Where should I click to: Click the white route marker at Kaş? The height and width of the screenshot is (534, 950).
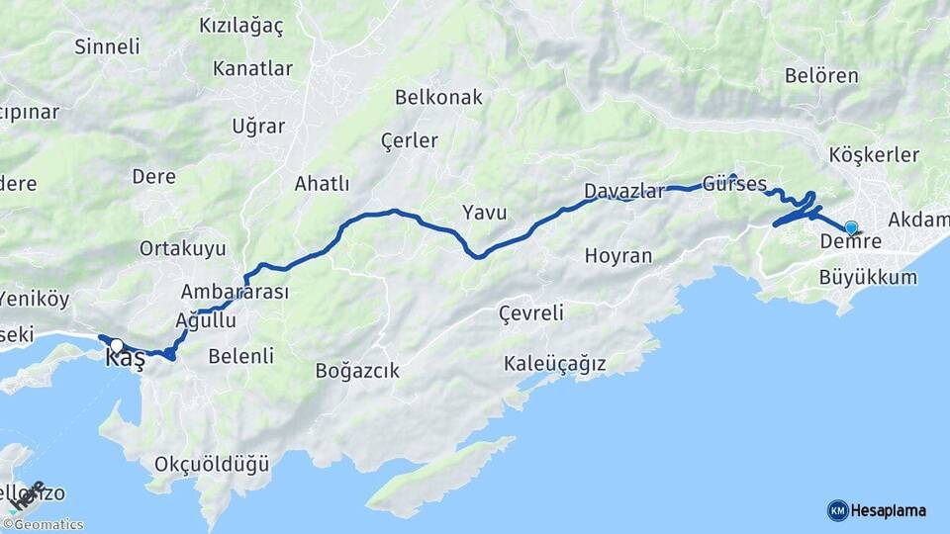[117, 345]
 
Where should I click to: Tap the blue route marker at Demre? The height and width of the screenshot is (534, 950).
[850, 228]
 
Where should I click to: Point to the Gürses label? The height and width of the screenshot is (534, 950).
[734, 184]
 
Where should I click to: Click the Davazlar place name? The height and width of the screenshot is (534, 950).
[623, 191]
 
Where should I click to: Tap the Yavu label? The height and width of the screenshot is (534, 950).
[485, 212]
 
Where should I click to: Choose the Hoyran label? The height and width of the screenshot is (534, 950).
[618, 255]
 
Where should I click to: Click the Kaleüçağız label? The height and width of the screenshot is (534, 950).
[554, 364]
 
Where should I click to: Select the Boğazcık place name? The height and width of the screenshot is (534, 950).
[356, 371]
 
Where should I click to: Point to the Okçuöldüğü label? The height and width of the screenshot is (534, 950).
[212, 463]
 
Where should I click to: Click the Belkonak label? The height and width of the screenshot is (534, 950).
[437, 97]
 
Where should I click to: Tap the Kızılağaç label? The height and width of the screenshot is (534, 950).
[240, 26]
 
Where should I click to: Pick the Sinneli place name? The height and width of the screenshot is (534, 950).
[107, 45]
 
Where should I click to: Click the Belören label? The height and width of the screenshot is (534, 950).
[820, 75]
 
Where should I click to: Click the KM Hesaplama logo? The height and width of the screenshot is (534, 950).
[877, 510]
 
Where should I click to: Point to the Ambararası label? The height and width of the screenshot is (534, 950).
[235, 292]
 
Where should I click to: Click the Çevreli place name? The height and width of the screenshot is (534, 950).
[531, 313]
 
